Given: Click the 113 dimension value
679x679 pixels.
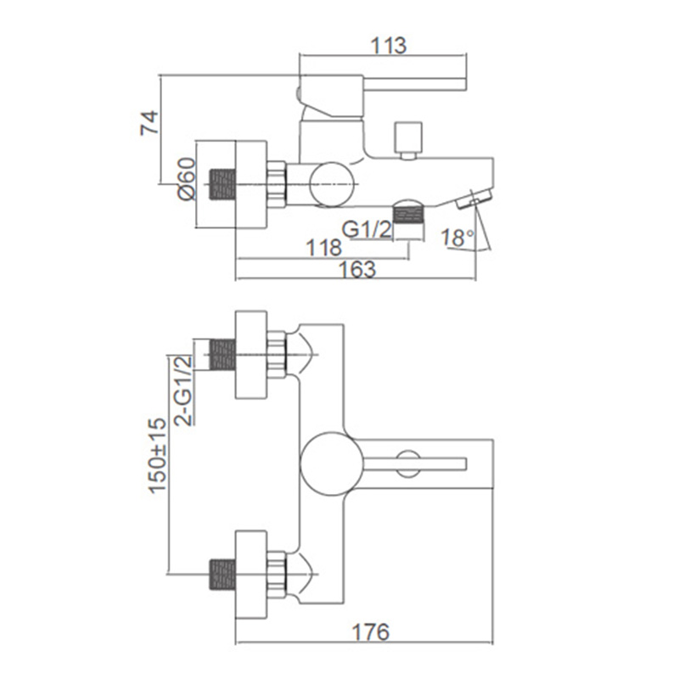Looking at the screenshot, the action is (x=389, y=46).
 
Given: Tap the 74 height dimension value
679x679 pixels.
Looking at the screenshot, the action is (x=149, y=123).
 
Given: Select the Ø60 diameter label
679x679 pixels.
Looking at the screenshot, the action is (x=187, y=179).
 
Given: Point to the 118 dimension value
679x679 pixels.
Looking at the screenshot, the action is (x=323, y=248).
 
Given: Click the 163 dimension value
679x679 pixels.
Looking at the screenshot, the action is (x=357, y=269).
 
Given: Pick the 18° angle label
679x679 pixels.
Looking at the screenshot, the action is (x=458, y=238).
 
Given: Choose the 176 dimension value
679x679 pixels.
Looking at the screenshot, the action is (x=371, y=632).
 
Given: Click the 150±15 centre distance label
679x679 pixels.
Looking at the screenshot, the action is (x=158, y=456).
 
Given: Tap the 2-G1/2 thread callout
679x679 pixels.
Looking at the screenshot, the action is (x=183, y=390).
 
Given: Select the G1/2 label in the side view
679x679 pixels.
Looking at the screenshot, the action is (x=367, y=229).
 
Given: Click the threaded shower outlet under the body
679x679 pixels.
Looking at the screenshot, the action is (x=409, y=216).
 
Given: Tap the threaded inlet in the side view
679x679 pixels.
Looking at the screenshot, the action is (x=222, y=184).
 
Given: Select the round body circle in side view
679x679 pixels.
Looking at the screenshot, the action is (x=332, y=184).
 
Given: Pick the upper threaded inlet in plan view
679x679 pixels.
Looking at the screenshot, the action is (x=222, y=355).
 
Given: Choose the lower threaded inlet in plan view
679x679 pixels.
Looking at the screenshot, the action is (x=222, y=575).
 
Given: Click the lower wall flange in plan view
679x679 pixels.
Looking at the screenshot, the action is (x=250, y=575).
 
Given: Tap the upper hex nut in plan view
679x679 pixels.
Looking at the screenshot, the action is (x=277, y=355).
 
